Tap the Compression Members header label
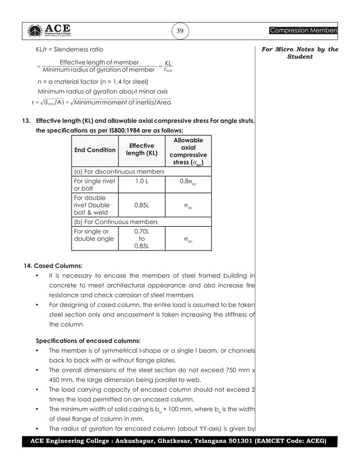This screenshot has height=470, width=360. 303,30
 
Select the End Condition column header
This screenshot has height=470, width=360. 95,150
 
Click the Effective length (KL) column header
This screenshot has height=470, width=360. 141,150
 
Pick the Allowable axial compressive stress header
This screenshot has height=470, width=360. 188,151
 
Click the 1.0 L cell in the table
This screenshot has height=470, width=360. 141,181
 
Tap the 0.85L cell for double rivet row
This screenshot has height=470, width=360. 141,205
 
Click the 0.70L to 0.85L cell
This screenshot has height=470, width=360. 141,238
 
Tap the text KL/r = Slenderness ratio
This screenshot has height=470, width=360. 69,50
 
